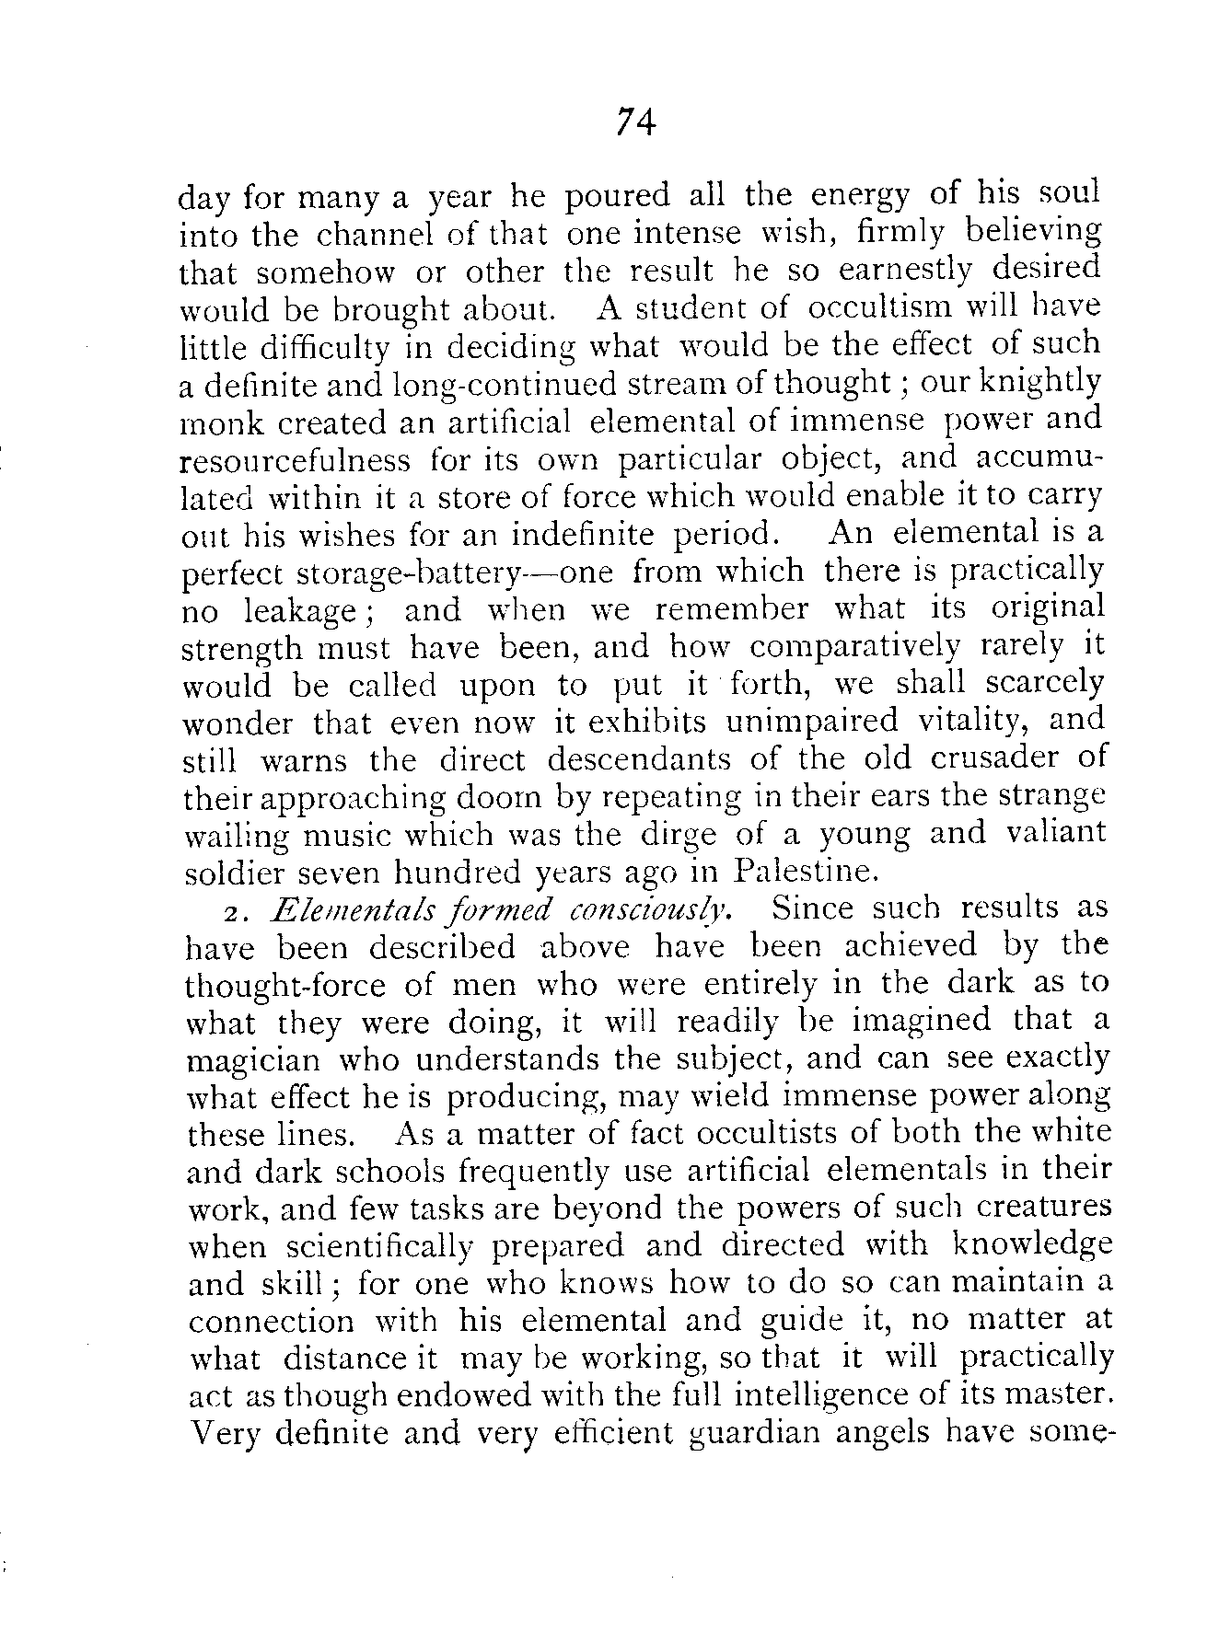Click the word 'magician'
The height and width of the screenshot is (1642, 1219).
tap(254, 1060)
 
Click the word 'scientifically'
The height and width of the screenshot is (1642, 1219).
tap(380, 1247)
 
